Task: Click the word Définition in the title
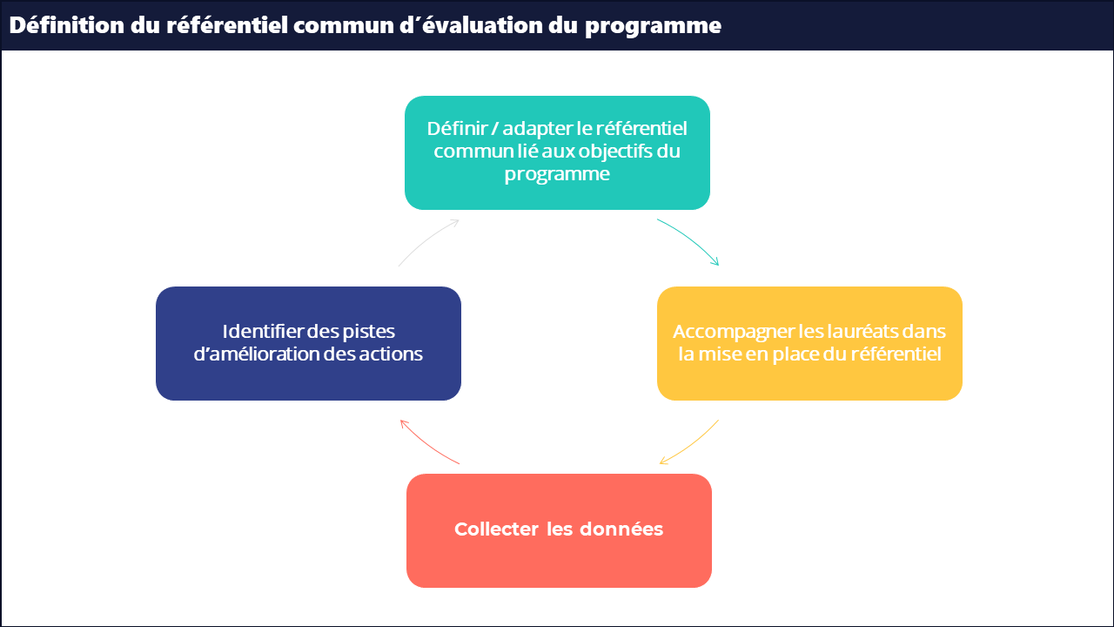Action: tap(67, 25)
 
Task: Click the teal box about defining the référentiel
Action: tap(557, 152)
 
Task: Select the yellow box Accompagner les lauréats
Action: tap(809, 343)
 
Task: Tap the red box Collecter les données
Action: tap(559, 530)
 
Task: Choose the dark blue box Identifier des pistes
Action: tap(308, 343)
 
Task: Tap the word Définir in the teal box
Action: tap(457, 128)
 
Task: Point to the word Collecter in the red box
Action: tap(496, 529)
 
